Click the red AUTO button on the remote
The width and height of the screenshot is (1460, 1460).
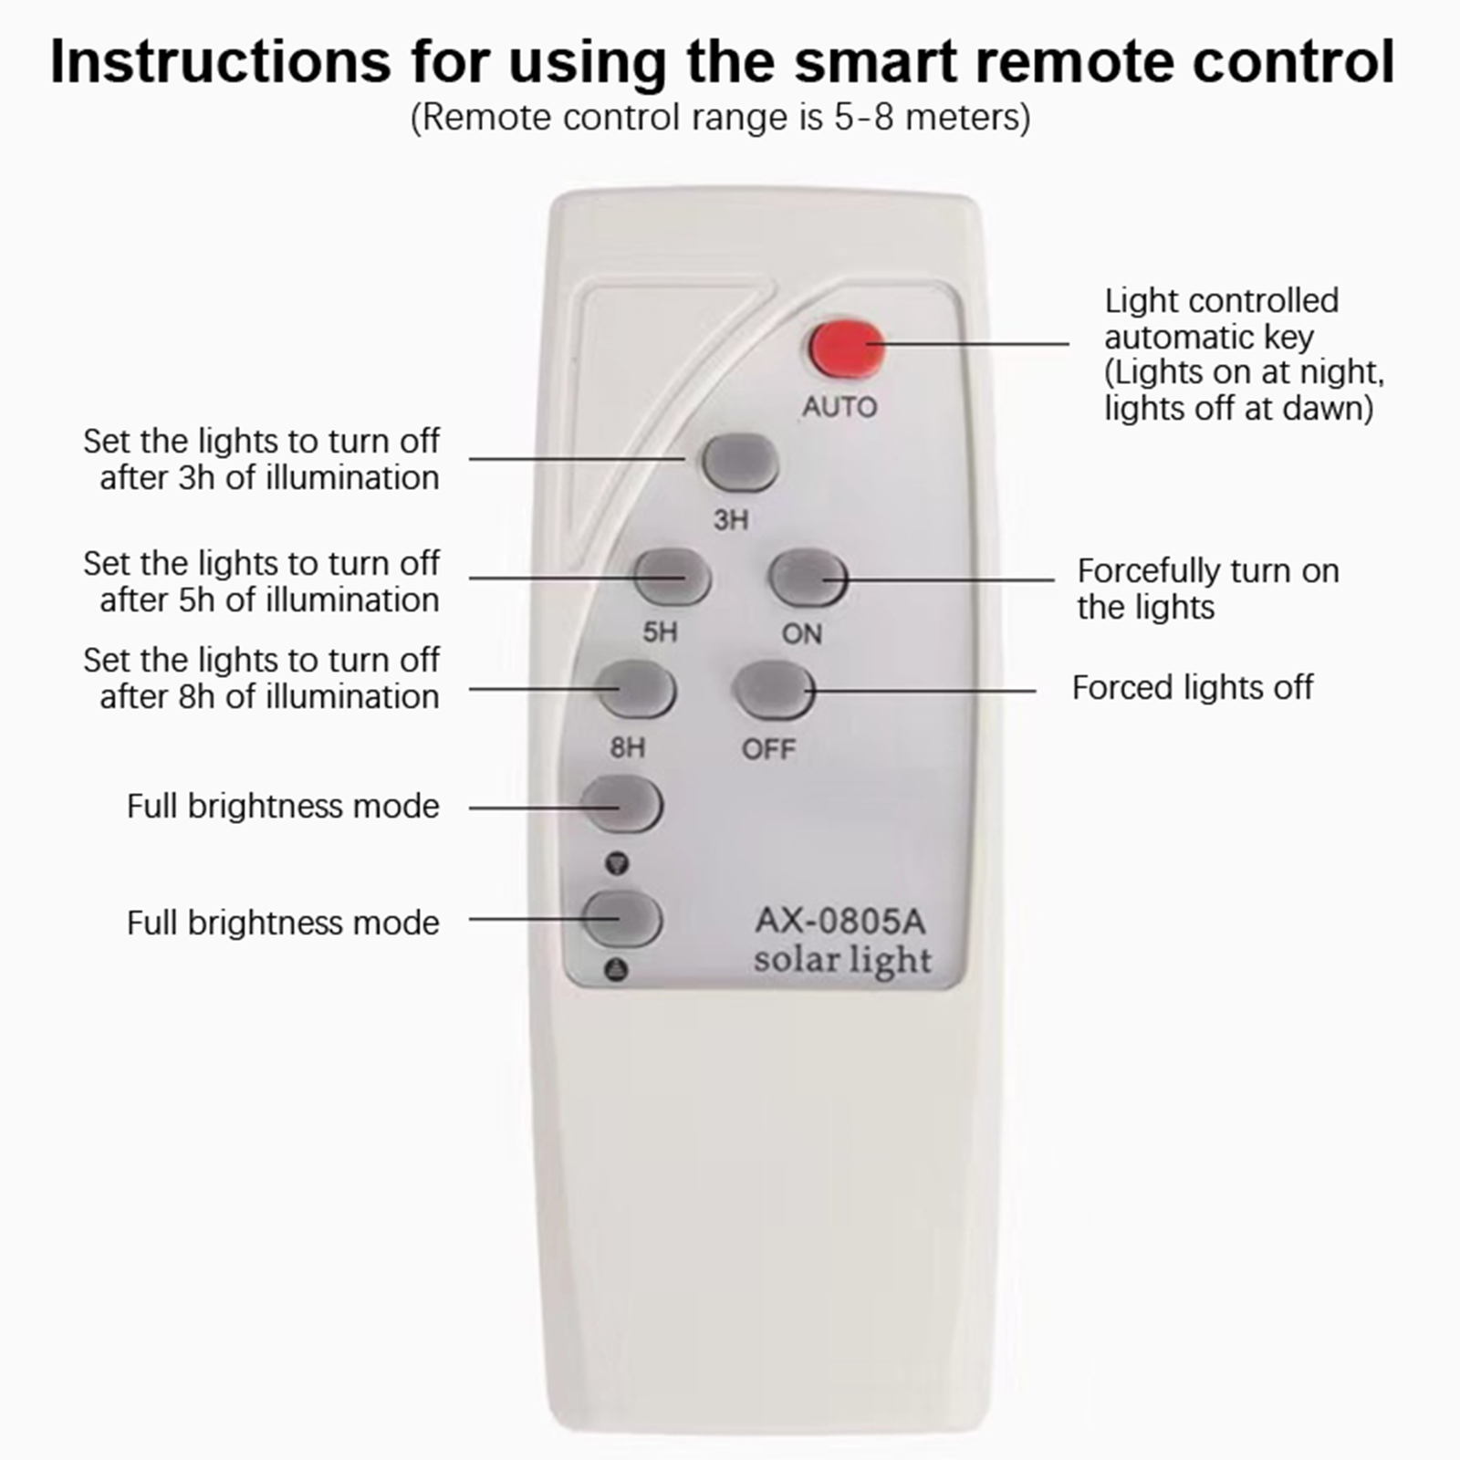[x=846, y=348]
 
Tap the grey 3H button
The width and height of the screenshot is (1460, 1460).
[x=740, y=463]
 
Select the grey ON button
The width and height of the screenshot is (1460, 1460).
[x=808, y=579]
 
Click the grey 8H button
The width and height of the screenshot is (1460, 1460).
[x=637, y=690]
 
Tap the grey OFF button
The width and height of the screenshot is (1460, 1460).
[x=775, y=691]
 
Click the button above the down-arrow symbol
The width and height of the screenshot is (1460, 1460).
[x=621, y=803]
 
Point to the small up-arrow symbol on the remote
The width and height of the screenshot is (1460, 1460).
[x=618, y=969]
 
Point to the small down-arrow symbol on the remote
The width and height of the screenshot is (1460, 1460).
[x=618, y=862]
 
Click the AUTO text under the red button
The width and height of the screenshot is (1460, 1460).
[x=839, y=407]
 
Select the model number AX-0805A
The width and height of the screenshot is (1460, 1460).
[x=840, y=922]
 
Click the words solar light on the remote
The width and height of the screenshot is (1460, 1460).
[x=843, y=961]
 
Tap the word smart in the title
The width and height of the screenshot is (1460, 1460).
[x=875, y=62]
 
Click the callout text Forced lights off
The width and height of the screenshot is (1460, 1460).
[x=1193, y=688]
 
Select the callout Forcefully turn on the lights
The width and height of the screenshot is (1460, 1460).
[x=1208, y=589]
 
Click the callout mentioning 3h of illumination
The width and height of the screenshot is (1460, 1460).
[x=262, y=460]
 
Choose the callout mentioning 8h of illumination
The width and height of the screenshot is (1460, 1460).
[x=262, y=679]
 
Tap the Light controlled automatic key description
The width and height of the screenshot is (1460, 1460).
[x=1244, y=354]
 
